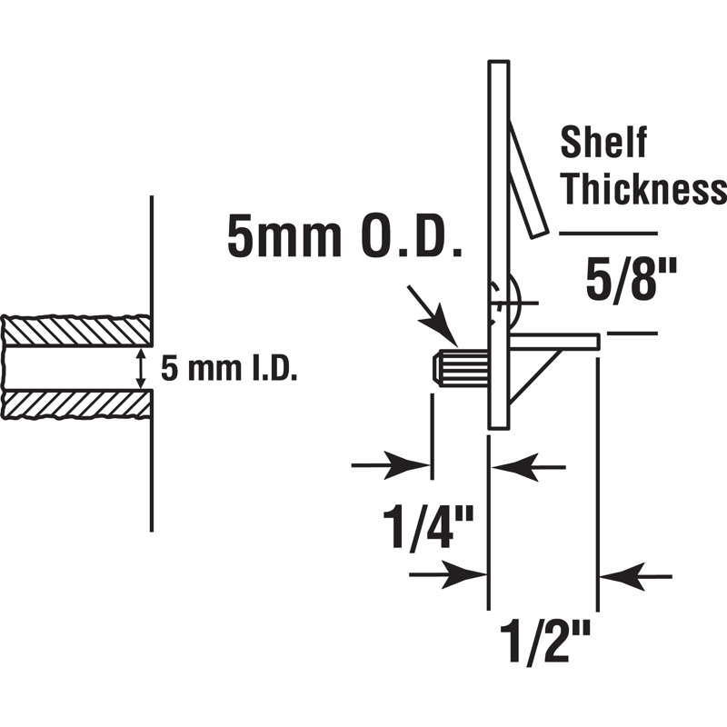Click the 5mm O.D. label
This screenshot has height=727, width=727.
pos(344,238)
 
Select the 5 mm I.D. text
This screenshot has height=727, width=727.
pos(229,369)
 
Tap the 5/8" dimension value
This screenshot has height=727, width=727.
pos(631,281)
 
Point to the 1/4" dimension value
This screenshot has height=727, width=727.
pos(428,528)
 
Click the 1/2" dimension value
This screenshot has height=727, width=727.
pos(544,643)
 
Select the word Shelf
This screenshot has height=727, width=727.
pos(603,143)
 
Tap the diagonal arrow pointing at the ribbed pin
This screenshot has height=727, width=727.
pos(433,316)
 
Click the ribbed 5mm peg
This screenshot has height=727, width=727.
pos(461,368)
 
